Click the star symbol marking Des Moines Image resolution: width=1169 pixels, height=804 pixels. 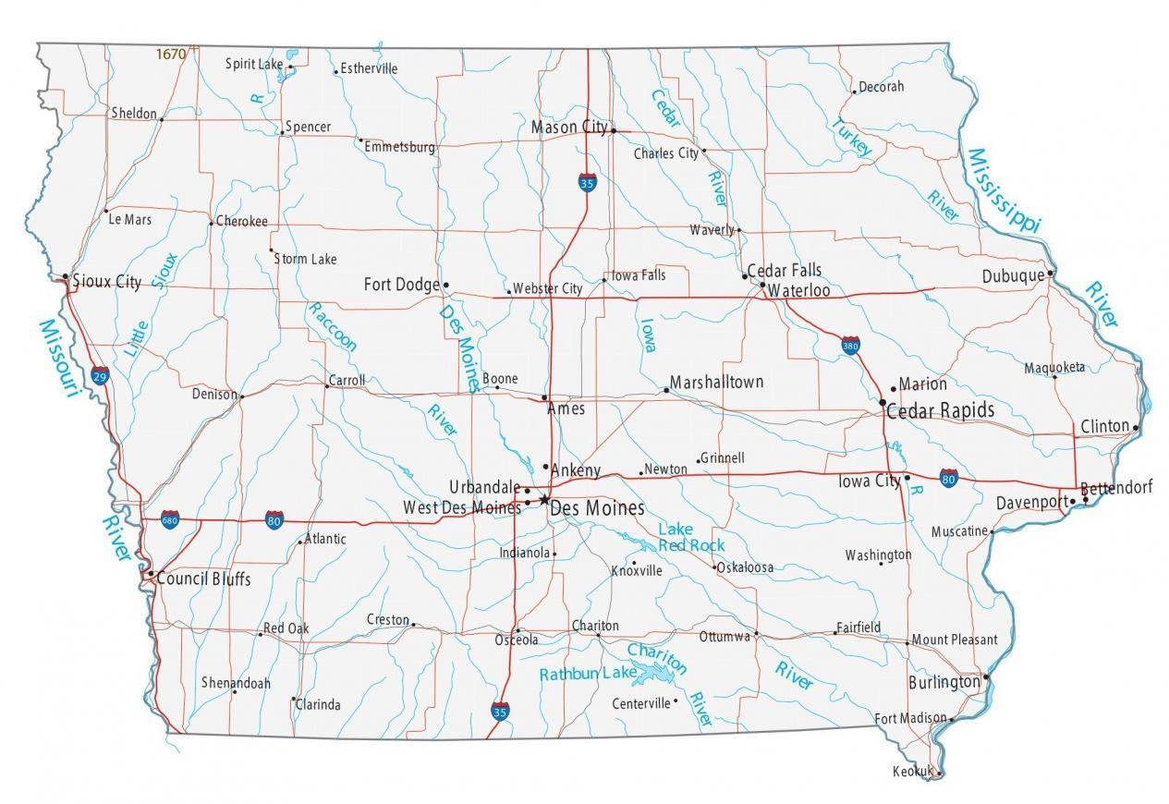click(x=544, y=500)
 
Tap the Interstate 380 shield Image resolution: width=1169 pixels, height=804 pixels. click(x=850, y=346)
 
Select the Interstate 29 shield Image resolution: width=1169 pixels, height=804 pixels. click(x=100, y=374)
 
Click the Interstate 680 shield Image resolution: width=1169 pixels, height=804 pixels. click(x=170, y=519)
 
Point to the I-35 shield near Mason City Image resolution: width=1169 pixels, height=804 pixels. click(x=587, y=182)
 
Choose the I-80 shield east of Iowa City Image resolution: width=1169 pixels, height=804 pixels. click(x=948, y=477)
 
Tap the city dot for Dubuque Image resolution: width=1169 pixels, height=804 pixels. click(x=1051, y=273)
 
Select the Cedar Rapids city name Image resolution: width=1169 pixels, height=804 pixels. click(x=940, y=409)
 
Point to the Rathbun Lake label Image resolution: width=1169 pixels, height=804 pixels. click(x=589, y=674)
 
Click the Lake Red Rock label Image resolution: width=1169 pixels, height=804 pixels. click(x=690, y=537)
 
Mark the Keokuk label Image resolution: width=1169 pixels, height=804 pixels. click(x=913, y=771)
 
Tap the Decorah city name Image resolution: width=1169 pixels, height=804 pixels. click(x=881, y=87)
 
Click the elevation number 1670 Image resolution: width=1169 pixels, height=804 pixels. click(x=170, y=55)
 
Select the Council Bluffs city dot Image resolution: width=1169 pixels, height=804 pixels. click(x=151, y=574)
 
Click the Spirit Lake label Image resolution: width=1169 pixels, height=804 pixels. click(x=254, y=64)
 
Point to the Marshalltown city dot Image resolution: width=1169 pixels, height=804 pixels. click(x=666, y=390)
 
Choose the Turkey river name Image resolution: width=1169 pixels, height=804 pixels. click(x=851, y=137)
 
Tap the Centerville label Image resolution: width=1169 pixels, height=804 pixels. click(x=640, y=703)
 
